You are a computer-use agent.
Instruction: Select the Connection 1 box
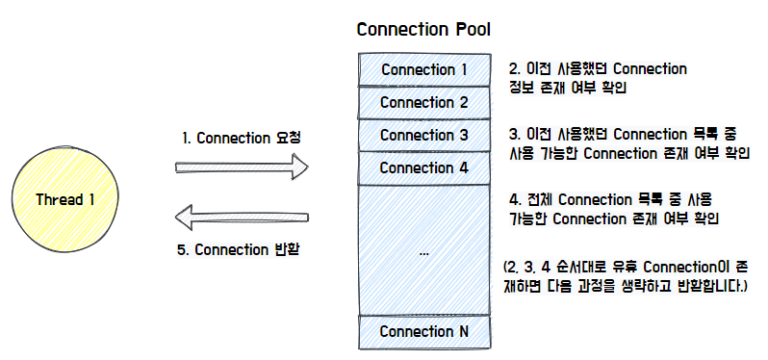(x=423, y=70)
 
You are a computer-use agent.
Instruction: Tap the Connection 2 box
(x=423, y=102)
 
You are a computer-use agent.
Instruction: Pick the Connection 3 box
(x=423, y=135)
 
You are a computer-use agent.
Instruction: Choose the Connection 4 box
(x=423, y=167)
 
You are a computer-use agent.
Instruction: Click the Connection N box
(x=423, y=331)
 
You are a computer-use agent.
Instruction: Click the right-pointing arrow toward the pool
(x=242, y=167)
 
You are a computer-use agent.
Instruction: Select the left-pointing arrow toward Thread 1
(x=242, y=219)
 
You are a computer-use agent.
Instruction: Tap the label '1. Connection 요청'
(x=242, y=138)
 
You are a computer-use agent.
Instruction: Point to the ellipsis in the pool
(x=423, y=251)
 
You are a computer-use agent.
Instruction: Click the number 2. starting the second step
(x=515, y=69)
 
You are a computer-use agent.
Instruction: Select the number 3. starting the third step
(x=515, y=134)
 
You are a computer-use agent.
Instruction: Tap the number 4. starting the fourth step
(x=515, y=199)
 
